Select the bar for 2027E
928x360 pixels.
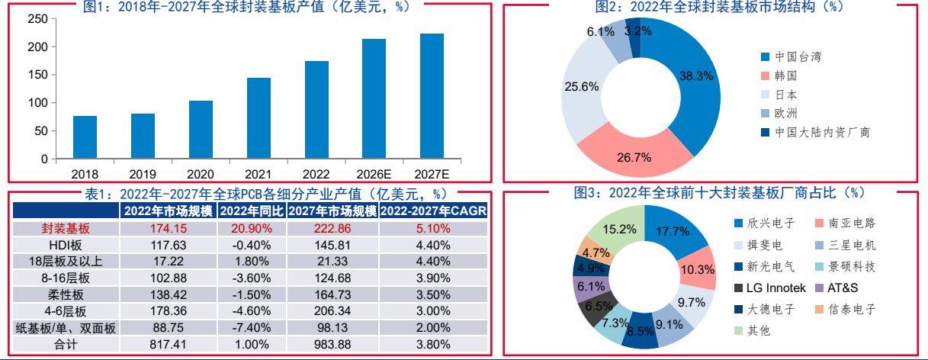pos(432,96)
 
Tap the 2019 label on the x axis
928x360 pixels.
pos(143,174)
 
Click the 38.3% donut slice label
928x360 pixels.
pos(696,76)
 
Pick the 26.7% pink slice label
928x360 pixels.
pos(635,157)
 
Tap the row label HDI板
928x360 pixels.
pos(66,245)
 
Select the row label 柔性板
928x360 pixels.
pos(66,294)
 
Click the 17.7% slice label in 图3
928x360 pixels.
pos(672,232)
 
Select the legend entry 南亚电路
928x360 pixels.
pos(848,223)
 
